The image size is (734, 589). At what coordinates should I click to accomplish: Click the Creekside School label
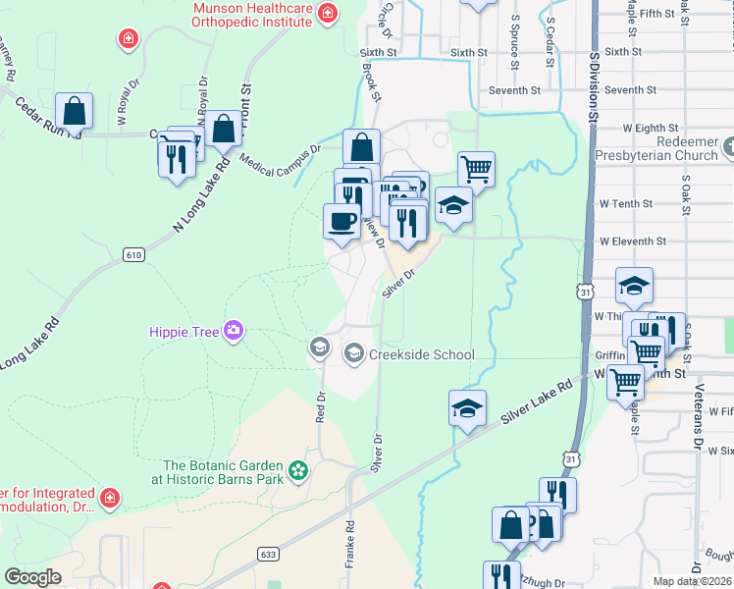coord(422,354)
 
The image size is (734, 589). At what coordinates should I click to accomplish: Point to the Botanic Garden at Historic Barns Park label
coord(224,472)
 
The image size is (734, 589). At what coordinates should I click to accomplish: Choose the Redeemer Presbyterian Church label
coord(661,149)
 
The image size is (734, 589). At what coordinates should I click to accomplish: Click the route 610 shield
coord(133,255)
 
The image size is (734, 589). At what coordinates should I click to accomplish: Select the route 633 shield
coord(268,555)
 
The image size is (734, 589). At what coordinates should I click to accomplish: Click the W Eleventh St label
coord(633,241)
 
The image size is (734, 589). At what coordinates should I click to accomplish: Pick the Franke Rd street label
coord(348,542)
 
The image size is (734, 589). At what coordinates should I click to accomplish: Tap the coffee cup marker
coord(341,221)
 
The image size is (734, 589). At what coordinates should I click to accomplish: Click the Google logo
coord(33,577)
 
